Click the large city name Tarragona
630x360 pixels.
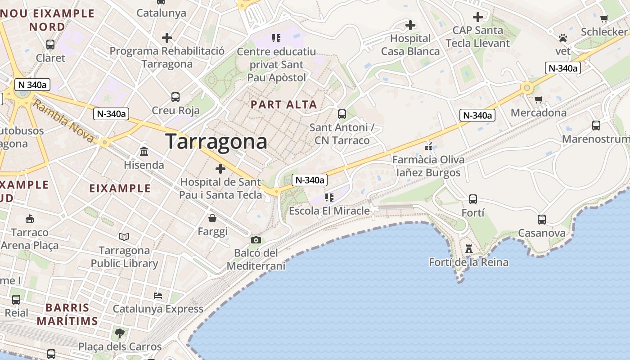pos(216,142)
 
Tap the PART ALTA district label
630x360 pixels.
pos(284,104)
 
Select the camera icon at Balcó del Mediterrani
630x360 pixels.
pos(256,240)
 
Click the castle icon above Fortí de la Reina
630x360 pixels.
pos(469,249)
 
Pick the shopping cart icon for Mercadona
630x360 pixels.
pos(538,99)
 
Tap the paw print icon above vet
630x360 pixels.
pos(562,38)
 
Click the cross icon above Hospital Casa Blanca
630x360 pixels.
pos(410,25)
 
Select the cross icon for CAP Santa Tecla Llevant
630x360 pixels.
pos(477,17)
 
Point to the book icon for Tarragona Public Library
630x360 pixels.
pos(124,237)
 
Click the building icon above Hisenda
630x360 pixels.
pos(144,151)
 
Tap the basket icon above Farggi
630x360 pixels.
pos(212,218)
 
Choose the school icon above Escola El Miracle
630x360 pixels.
pos(329,197)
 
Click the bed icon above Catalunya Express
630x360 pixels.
pos(158,295)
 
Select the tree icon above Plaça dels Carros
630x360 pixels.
pos(120,333)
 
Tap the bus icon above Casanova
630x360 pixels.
pos(542,220)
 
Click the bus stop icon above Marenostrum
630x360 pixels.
pos(596,126)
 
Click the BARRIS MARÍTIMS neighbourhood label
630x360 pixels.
pos(67,315)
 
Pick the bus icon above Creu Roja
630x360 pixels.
pos(175,97)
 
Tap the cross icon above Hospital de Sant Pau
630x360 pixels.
pos(220,169)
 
